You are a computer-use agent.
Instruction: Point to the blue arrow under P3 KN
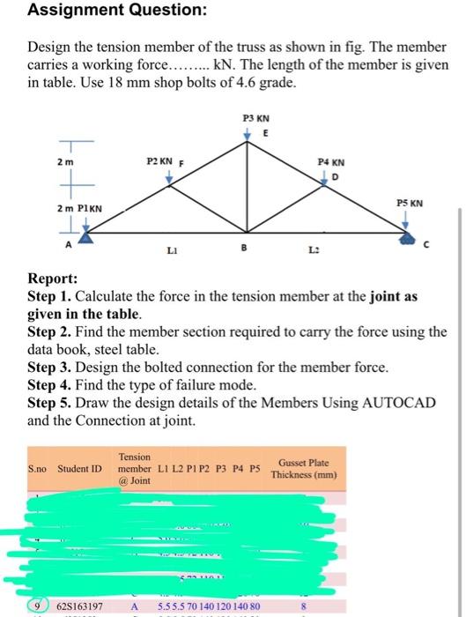[248, 132]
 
